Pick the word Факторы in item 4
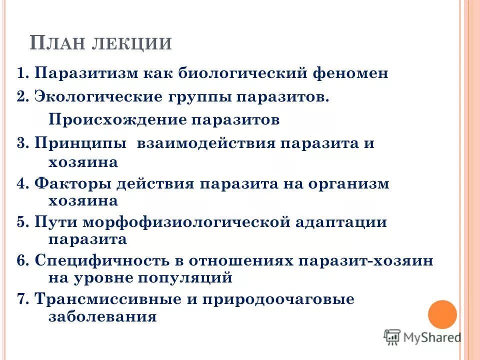[x=72, y=183]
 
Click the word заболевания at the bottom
[x=102, y=316]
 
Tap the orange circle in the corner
[x=442, y=314]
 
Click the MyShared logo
[x=422, y=337]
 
